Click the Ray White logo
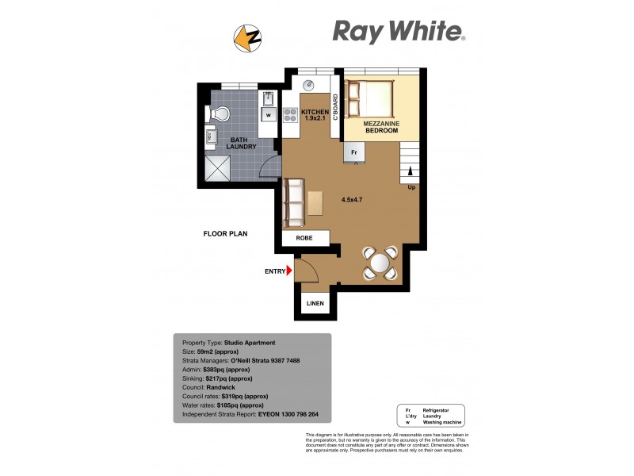[398, 32]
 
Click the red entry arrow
[290, 271]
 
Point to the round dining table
[380, 262]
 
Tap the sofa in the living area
[294, 202]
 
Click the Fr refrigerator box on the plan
[355, 151]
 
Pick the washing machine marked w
[269, 114]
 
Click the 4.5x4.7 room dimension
[353, 200]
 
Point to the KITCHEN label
[315, 113]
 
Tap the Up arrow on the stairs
[411, 171]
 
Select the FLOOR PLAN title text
[226, 234]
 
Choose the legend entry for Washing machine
[442, 422]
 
